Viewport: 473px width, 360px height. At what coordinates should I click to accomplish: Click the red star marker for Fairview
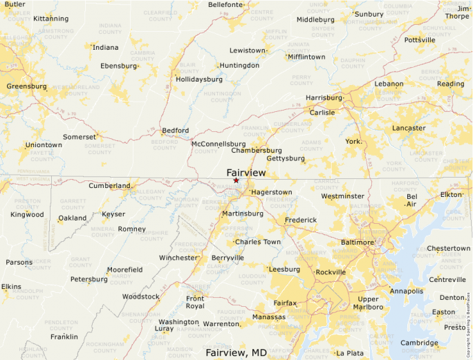[236, 180]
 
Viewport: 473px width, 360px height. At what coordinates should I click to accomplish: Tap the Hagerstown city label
[272, 191]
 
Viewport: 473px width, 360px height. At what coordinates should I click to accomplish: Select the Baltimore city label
[358, 243]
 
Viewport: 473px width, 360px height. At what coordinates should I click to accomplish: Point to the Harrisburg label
[324, 98]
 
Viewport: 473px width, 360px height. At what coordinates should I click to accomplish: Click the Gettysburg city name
[286, 158]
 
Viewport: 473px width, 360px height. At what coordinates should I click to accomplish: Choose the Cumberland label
[109, 186]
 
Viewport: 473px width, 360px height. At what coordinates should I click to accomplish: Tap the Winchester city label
[178, 258]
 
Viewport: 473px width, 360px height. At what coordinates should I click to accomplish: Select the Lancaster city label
[409, 128]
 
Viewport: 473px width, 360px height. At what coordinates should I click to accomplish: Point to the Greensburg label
[27, 86]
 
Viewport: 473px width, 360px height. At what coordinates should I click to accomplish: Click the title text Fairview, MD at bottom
[236, 352]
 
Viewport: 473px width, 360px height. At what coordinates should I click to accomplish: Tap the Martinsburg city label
[242, 214]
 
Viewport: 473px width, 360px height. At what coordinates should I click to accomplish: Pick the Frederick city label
[301, 220]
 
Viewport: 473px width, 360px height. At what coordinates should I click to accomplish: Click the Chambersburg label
[257, 150]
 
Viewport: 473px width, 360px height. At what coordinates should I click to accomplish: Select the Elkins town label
[11, 286]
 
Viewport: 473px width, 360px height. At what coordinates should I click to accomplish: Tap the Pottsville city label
[420, 40]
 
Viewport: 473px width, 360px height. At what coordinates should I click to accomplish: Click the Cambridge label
[419, 343]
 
